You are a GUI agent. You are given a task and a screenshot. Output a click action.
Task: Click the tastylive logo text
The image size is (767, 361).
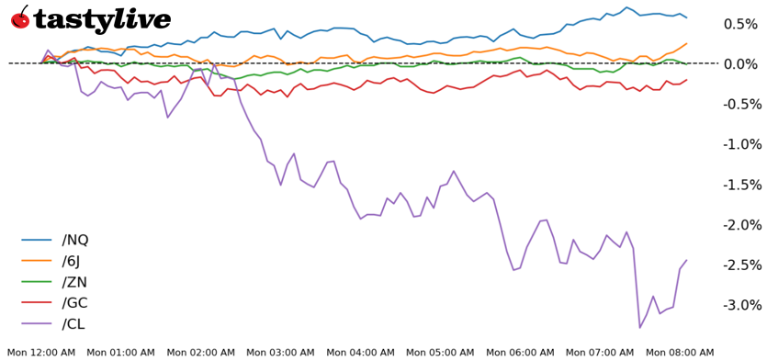click(x=102, y=20)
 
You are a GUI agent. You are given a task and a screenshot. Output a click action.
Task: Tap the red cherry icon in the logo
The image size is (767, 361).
click(x=20, y=17)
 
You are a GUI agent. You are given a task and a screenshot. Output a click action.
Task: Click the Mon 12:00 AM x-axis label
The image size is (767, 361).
click(x=41, y=352)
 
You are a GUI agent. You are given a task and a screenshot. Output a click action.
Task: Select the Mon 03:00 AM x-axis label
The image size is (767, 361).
click(x=280, y=352)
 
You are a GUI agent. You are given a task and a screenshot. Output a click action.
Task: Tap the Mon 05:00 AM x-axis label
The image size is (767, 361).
click(x=440, y=352)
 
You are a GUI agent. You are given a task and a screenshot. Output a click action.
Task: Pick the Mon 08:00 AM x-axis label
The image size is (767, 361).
click(x=679, y=352)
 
